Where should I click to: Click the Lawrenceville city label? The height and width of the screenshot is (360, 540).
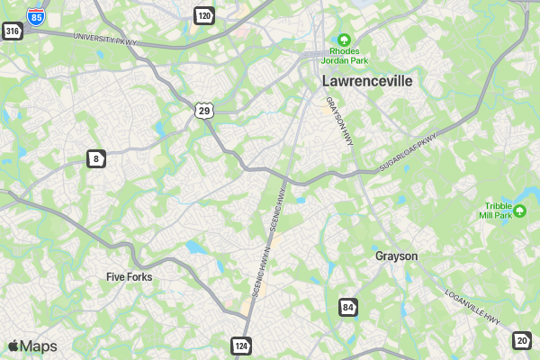click(x=367, y=81)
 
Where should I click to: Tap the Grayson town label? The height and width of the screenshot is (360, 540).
click(x=396, y=256)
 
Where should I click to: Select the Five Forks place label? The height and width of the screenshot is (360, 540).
click(x=129, y=276)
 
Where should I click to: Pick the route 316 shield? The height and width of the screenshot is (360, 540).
click(x=12, y=31)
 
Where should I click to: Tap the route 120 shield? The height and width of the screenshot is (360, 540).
click(x=204, y=15)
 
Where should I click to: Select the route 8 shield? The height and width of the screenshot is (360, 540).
click(x=95, y=159)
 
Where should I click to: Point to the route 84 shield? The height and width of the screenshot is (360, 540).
click(x=348, y=308)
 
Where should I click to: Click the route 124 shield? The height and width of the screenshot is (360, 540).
click(x=241, y=346)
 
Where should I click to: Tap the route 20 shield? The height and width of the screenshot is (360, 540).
click(x=522, y=339)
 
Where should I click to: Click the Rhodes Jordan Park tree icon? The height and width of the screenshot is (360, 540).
click(x=343, y=40)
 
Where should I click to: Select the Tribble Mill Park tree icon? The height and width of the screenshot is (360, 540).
click(x=519, y=211)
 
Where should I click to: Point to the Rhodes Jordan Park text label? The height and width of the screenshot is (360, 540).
click(x=344, y=57)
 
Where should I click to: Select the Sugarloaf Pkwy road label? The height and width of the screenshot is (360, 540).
click(x=407, y=153)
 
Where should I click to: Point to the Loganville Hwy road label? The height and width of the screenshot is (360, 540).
click(x=472, y=306)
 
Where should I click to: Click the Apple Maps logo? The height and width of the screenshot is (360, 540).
click(x=32, y=346)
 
